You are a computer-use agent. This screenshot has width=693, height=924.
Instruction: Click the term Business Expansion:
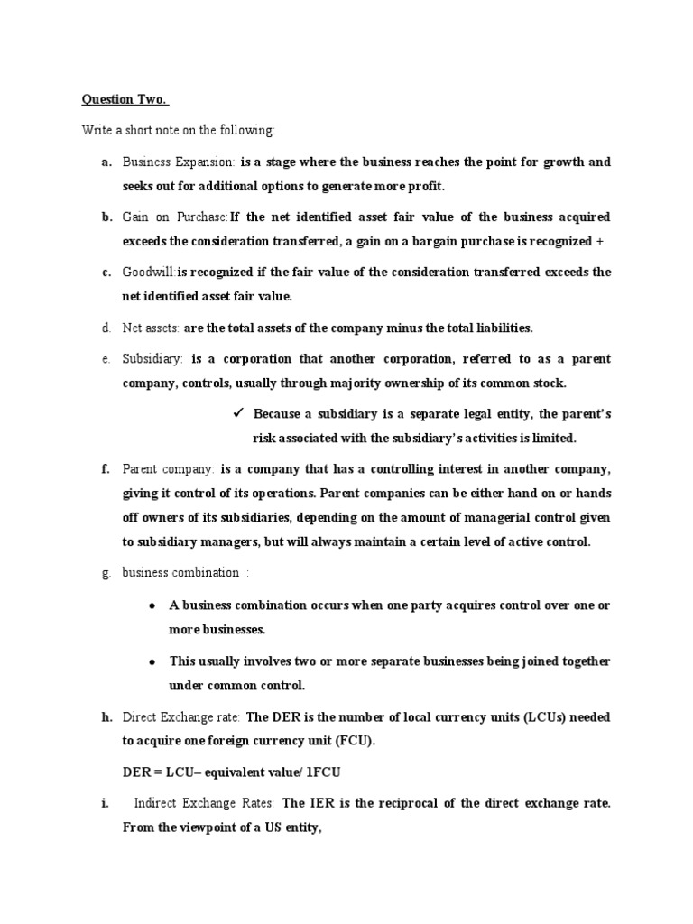[x=179, y=162]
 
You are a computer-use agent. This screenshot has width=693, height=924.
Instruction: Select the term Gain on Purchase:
[x=176, y=217]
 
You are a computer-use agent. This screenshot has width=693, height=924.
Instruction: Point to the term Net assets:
[x=152, y=328]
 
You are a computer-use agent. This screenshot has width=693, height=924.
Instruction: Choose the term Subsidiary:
[x=152, y=359]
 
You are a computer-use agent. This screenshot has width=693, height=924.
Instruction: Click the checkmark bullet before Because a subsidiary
[x=239, y=414]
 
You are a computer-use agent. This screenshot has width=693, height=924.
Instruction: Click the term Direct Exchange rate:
[x=180, y=717]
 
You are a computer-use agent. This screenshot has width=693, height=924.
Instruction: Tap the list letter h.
[x=106, y=717]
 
